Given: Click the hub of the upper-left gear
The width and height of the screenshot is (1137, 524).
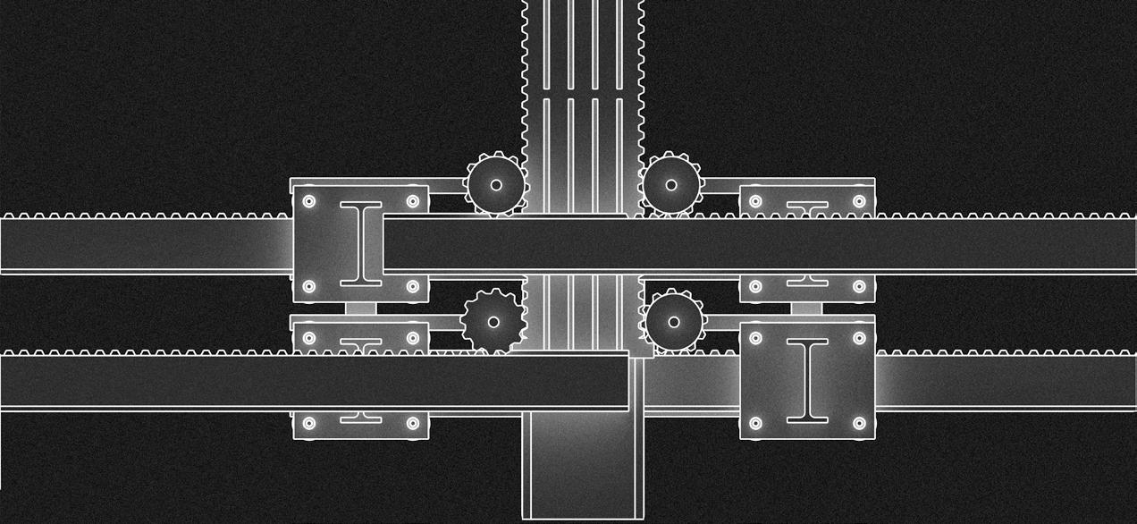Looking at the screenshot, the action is coord(496,185).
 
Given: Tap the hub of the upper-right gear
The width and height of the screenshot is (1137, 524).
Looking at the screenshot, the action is coord(670,185).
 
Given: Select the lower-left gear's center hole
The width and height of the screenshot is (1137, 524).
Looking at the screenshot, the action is coord(493,322).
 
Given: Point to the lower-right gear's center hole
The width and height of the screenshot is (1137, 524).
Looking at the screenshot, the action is coord(673,322).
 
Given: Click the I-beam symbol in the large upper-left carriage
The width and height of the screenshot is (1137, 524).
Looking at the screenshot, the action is coord(361,244).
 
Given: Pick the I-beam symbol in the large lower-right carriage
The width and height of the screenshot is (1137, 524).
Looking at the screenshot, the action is coord(807,380).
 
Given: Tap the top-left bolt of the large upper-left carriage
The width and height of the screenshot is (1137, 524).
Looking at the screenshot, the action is coord(309,201).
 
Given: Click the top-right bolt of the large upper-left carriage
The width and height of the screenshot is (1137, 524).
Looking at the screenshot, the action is coord(413,201).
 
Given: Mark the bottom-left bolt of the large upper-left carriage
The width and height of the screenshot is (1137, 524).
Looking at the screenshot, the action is coord(309,287).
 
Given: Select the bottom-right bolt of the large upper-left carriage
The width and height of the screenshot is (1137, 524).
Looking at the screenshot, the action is coord(413,287).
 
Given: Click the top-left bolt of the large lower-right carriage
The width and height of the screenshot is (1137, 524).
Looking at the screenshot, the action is coord(755,338).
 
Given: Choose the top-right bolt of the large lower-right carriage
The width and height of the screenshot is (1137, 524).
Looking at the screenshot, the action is coord(859,338).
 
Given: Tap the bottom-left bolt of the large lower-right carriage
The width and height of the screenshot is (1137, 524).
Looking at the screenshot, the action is coord(755,423).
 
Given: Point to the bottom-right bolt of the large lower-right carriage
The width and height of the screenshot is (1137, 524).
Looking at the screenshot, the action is coord(859,423).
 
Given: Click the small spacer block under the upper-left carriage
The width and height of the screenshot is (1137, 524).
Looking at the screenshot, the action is coord(360,308).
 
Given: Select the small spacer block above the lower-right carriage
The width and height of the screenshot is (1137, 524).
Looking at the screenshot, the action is coord(806,308).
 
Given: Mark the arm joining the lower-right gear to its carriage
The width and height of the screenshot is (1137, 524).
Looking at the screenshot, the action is coord(722,320).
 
